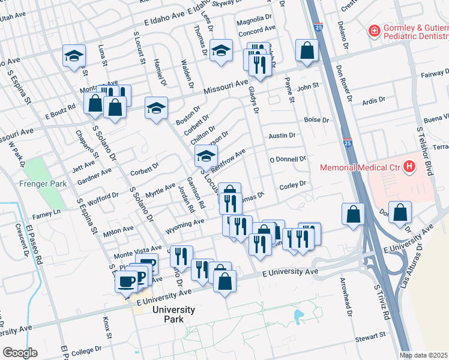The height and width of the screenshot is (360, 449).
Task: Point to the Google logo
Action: (x=19, y=353)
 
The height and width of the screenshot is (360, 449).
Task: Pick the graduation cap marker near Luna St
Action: (x=74, y=57)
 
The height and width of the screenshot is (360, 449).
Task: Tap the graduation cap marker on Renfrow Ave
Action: (x=205, y=157)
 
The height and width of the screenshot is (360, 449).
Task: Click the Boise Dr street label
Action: (x=317, y=120)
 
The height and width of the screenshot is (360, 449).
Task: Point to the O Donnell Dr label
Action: (x=288, y=159)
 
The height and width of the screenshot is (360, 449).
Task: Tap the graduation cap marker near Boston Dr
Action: (x=156, y=109)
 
